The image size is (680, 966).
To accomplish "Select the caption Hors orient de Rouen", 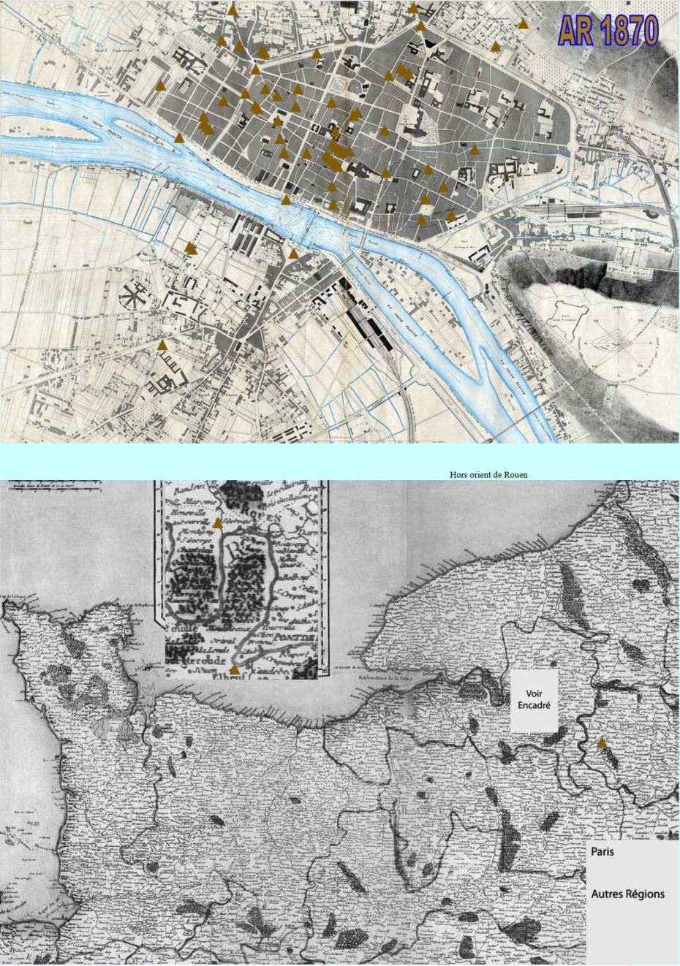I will (488, 474).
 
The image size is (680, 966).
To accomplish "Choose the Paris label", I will (602, 851).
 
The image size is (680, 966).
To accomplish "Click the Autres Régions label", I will (628, 894).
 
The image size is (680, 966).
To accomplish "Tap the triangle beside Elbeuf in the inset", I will (234, 669).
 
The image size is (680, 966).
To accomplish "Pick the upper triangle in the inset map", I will (217, 523).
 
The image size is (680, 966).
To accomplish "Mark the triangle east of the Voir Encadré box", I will (601, 742).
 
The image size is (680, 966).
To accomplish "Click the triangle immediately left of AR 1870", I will (523, 23).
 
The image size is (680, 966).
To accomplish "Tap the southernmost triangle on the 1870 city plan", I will (163, 344).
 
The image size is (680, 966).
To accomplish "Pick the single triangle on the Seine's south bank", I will (293, 254).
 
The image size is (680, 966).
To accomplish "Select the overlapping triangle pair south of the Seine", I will (192, 248).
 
